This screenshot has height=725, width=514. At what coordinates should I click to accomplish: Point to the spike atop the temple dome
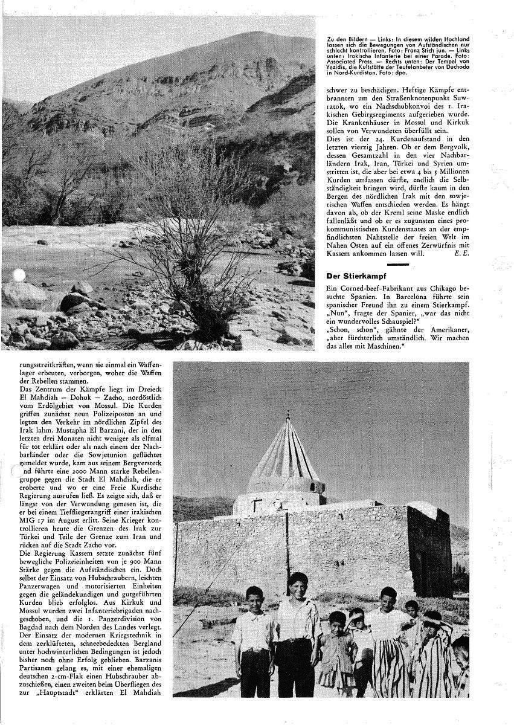pyautogui.click(x=288, y=417)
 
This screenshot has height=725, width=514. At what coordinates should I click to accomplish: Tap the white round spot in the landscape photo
pyautogui.click(x=19, y=275)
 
